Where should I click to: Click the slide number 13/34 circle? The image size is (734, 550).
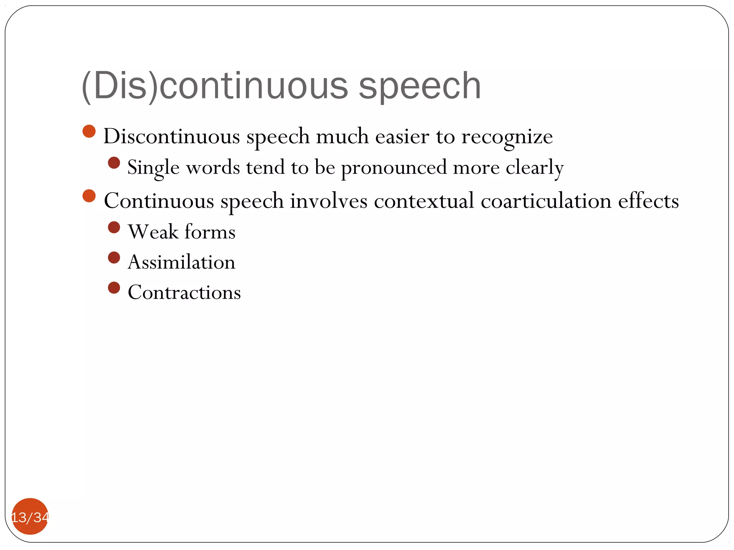click(x=30, y=516)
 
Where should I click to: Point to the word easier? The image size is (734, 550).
click(x=402, y=137)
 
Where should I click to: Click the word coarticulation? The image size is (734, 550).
click(x=546, y=201)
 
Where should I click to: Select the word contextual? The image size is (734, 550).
click(x=424, y=201)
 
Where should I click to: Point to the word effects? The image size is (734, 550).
click(x=648, y=201)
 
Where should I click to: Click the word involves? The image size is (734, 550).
click(x=329, y=201)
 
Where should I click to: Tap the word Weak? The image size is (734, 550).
click(x=153, y=232)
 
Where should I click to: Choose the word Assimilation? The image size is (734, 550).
click(x=181, y=262)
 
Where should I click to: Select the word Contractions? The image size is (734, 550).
click(x=184, y=292)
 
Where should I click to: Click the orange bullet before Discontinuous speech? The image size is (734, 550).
click(x=89, y=131)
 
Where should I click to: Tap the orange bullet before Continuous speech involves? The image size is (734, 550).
click(x=89, y=196)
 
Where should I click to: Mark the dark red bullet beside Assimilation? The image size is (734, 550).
click(x=114, y=257)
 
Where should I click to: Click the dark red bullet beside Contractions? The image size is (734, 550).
click(x=114, y=288)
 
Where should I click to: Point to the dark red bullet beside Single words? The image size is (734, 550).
click(x=114, y=163)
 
